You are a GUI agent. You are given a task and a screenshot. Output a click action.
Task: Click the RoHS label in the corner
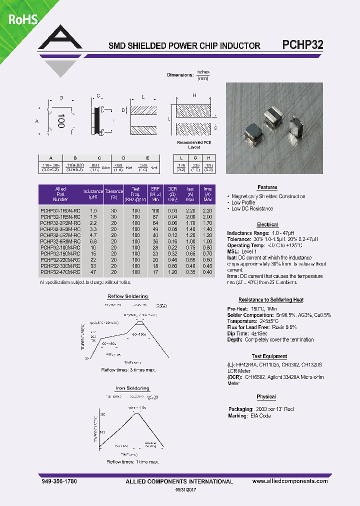click(21, 19)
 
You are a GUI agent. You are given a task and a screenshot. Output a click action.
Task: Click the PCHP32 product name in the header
click(303, 44)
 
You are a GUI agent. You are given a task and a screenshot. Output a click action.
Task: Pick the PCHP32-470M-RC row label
click(59, 272)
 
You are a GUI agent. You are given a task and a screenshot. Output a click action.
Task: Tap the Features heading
click(267, 187)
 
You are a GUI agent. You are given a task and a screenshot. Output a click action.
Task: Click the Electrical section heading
click(267, 224)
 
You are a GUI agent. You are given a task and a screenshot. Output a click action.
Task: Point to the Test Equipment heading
click(269, 356)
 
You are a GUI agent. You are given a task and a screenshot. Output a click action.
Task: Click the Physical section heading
click(266, 396)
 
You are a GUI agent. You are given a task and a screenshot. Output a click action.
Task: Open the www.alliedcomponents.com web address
click(290, 481)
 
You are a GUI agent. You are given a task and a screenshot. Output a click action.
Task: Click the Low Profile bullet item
click(243, 202)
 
